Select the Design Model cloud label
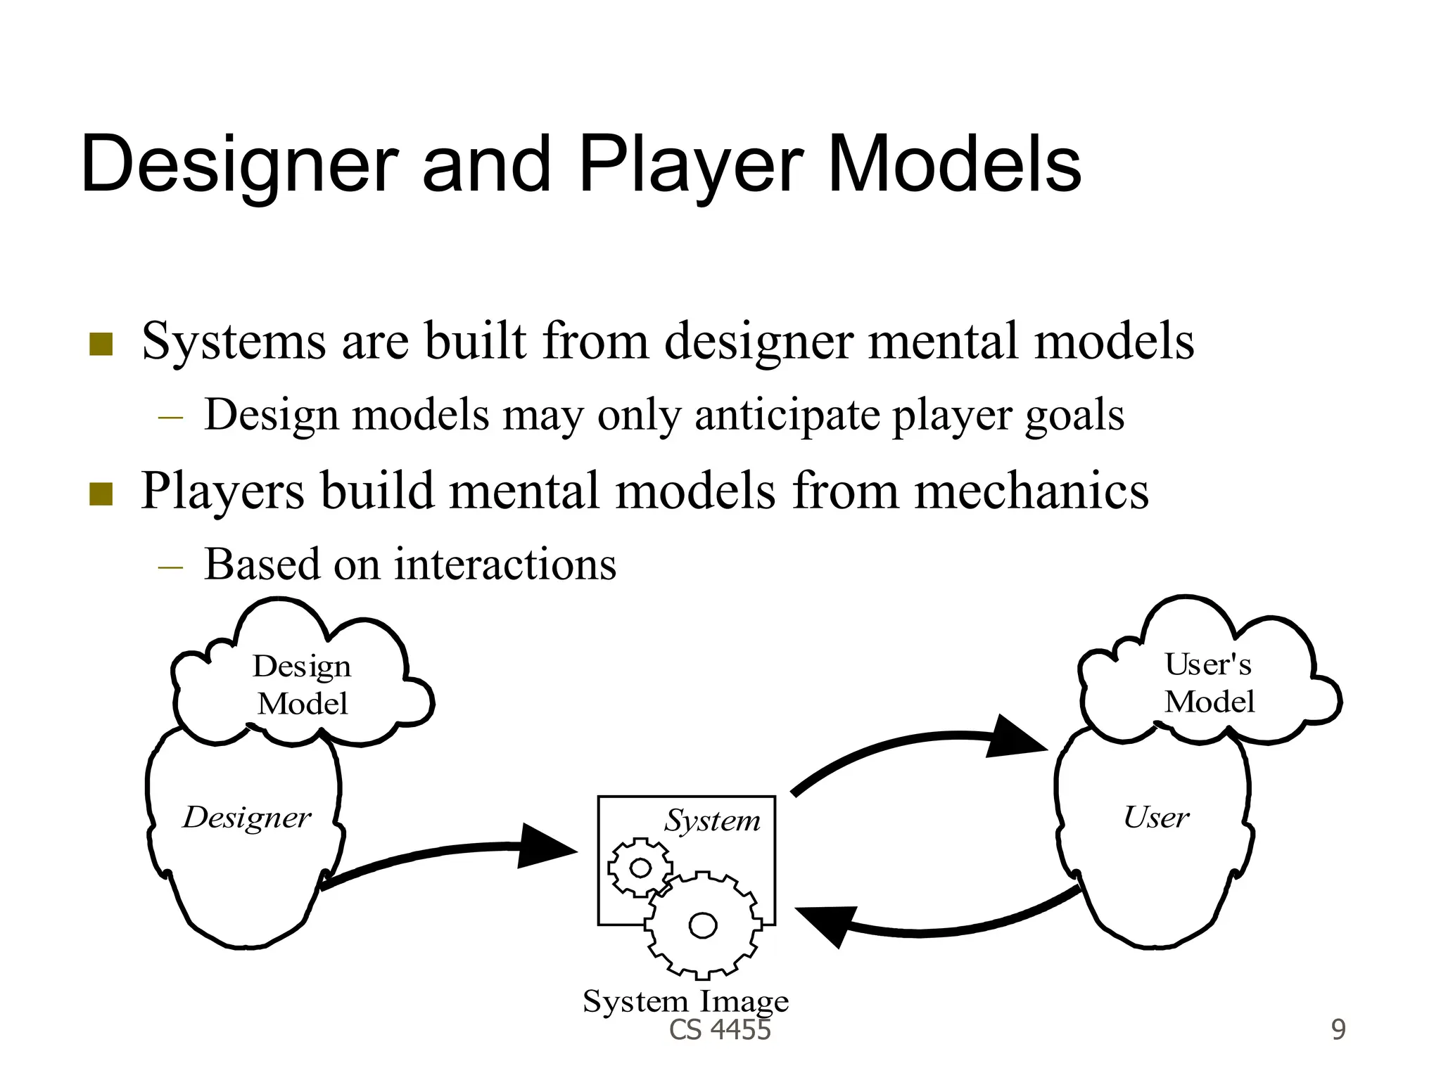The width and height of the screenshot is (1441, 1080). (x=302, y=684)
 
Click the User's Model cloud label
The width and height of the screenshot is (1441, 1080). (x=1209, y=683)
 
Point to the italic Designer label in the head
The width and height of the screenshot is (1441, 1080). (x=246, y=817)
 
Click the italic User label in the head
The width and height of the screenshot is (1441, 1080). (x=1155, y=817)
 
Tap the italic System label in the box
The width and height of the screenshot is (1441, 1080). (x=712, y=821)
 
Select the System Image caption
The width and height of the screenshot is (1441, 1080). (x=685, y=1001)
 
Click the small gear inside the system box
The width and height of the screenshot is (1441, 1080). (x=639, y=868)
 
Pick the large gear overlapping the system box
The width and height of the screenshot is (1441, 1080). (x=703, y=925)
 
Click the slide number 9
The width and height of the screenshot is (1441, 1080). (x=1338, y=1030)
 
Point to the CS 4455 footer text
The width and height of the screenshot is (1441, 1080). (x=720, y=1030)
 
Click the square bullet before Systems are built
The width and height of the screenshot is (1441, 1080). (x=101, y=344)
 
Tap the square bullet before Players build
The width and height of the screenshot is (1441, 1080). (x=101, y=494)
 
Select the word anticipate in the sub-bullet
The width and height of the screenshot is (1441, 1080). (x=787, y=415)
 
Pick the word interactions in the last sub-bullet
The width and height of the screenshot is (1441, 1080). (x=504, y=564)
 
